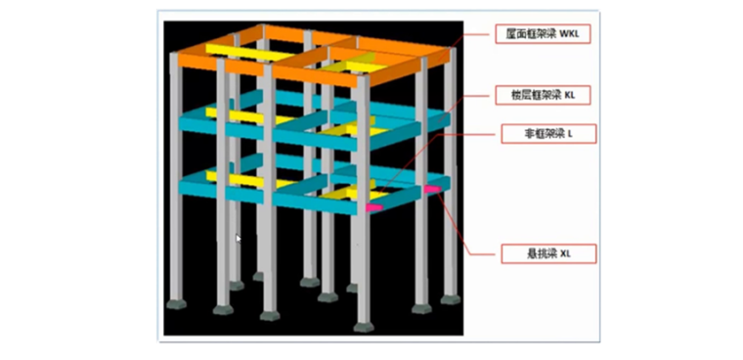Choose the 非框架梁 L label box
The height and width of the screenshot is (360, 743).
point(548,133)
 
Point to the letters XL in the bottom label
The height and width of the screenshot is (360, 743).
point(565,253)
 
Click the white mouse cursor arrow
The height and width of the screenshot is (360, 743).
point(238,237)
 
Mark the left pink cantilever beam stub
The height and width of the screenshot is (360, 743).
point(373,206)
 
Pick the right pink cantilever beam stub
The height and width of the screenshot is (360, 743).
point(431,188)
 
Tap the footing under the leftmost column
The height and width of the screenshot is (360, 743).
point(177,303)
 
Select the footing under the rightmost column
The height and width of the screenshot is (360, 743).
point(449,298)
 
